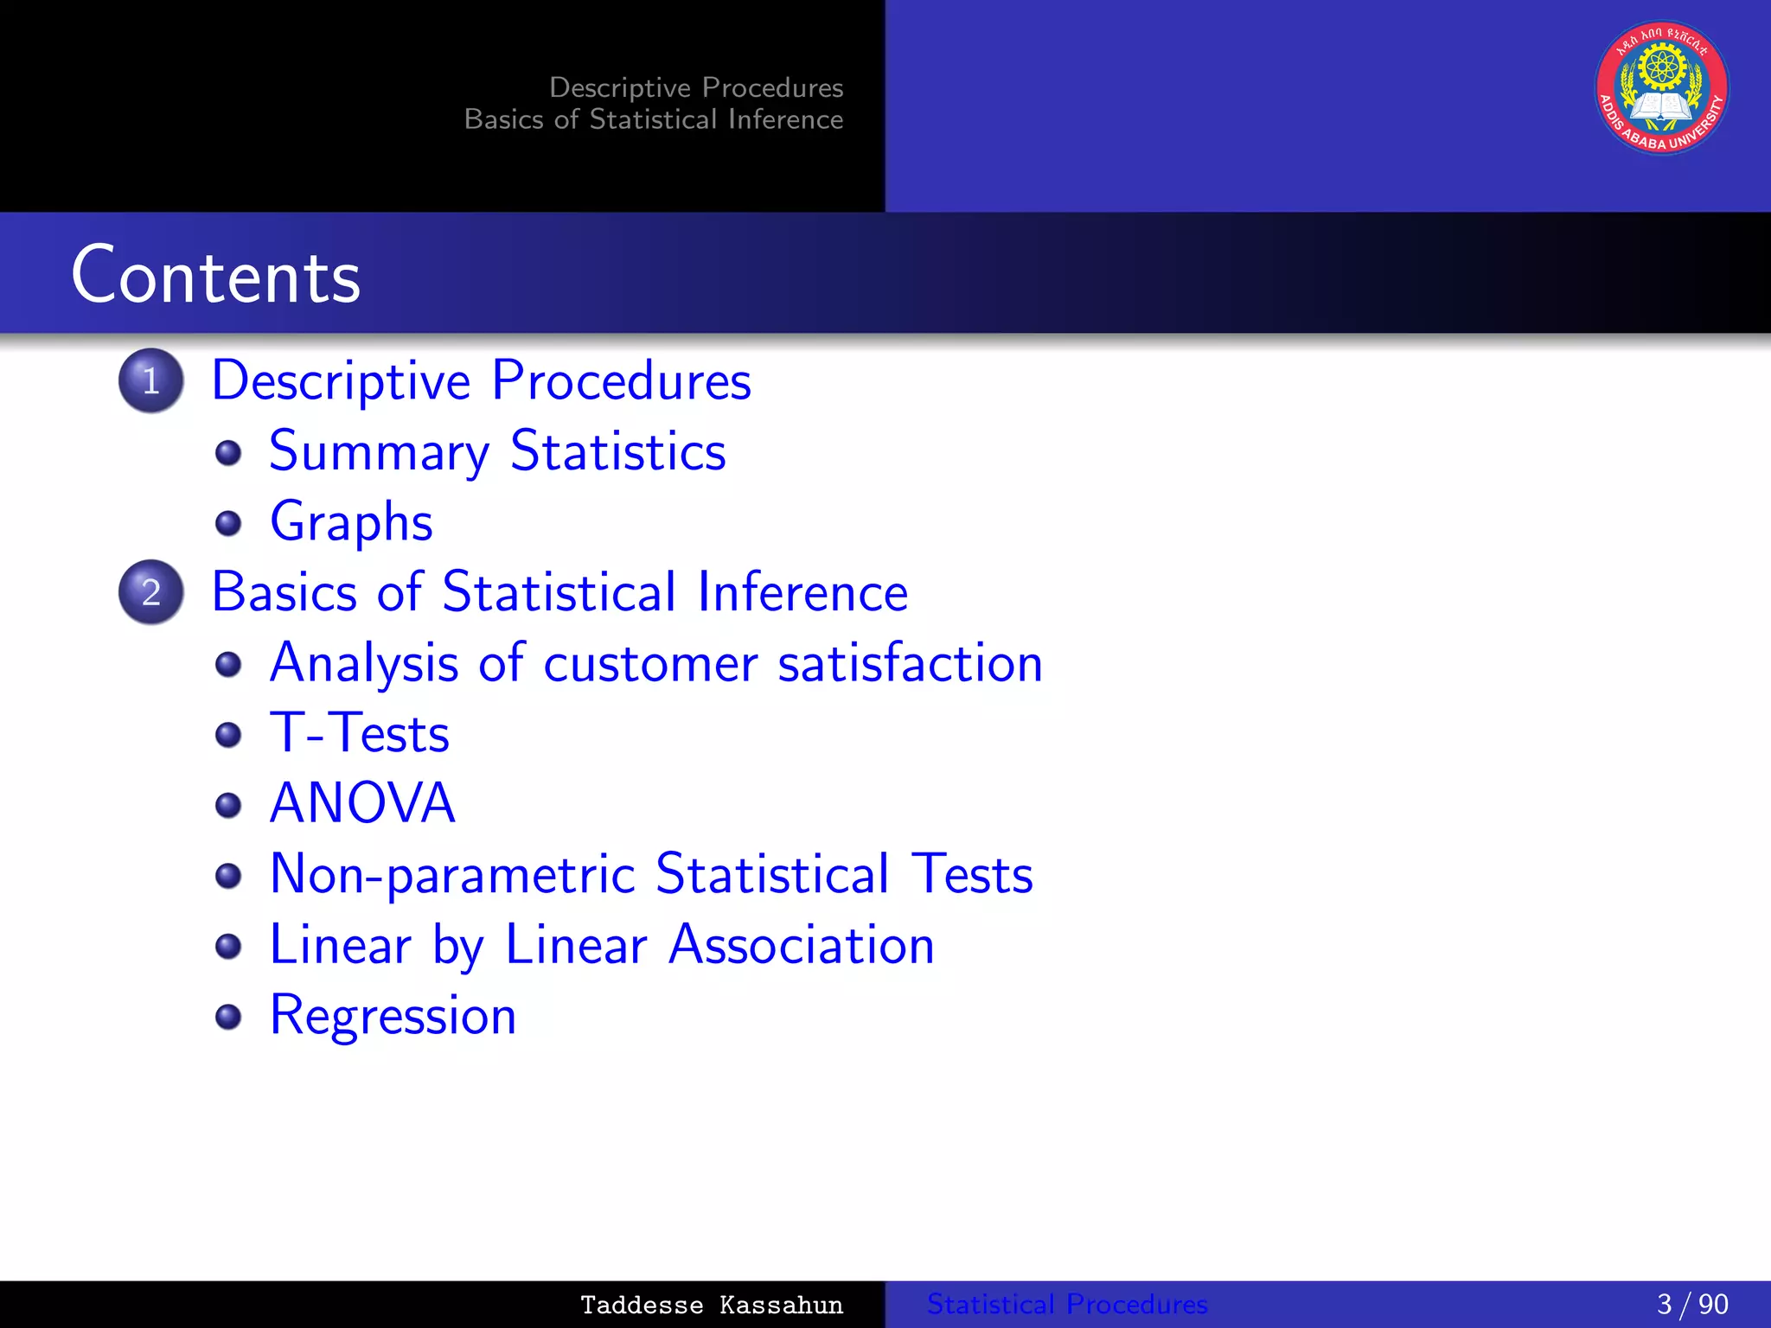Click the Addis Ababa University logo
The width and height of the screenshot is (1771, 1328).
click(x=1661, y=88)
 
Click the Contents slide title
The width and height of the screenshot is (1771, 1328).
click(x=215, y=275)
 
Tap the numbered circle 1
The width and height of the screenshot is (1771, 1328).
click(x=151, y=380)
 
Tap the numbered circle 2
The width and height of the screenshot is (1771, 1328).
click(x=151, y=592)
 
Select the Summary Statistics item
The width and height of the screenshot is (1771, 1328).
click(x=497, y=451)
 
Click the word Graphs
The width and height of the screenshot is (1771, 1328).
click(x=351, y=522)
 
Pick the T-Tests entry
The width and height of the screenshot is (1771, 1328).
click(x=359, y=733)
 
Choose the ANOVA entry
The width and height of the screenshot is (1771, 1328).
click(x=362, y=803)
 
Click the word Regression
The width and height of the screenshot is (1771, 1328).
click(x=393, y=1015)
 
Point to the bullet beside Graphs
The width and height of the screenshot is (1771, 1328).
click(x=228, y=523)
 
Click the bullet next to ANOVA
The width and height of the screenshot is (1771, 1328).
click(x=228, y=805)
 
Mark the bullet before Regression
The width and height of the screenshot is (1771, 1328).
click(x=228, y=1017)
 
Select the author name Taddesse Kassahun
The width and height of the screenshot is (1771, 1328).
click(x=711, y=1305)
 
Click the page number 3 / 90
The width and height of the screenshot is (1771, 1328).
click(x=1691, y=1304)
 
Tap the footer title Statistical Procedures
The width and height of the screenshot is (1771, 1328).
click(x=1067, y=1304)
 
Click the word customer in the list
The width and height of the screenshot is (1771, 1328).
click(x=650, y=663)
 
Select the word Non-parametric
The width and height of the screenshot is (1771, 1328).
click(x=452, y=874)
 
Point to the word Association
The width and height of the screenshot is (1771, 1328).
click(x=801, y=944)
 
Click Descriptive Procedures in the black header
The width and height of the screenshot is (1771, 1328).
click(x=696, y=87)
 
